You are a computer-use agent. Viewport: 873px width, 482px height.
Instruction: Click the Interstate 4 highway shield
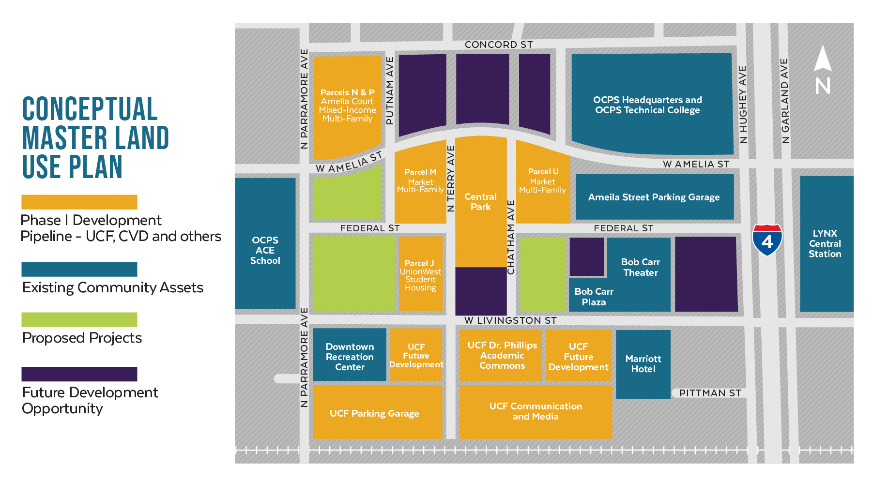767,240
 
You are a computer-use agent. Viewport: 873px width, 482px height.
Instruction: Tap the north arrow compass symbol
822,71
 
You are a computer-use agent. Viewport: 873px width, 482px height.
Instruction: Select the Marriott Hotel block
643,364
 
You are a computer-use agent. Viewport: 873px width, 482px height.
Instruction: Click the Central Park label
480,202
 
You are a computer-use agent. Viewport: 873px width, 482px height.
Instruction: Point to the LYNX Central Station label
825,243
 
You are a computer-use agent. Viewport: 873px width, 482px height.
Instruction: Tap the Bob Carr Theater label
640,267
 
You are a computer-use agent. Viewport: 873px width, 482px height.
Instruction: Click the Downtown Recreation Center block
350,357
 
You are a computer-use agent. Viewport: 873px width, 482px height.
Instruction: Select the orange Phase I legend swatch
79,202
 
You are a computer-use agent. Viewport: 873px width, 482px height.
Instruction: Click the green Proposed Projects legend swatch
79,319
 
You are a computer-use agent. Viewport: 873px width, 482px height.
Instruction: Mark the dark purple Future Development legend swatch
79,374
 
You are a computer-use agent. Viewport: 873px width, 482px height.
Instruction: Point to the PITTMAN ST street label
709,393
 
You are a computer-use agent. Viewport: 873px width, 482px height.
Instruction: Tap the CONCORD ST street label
498,45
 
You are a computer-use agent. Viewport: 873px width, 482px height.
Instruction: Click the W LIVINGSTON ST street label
510,320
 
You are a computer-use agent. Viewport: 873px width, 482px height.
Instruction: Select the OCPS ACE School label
265,250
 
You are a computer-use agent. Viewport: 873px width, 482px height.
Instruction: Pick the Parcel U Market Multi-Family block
542,181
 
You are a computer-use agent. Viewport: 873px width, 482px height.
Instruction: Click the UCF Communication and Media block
536,411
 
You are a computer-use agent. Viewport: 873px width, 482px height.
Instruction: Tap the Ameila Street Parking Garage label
654,197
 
